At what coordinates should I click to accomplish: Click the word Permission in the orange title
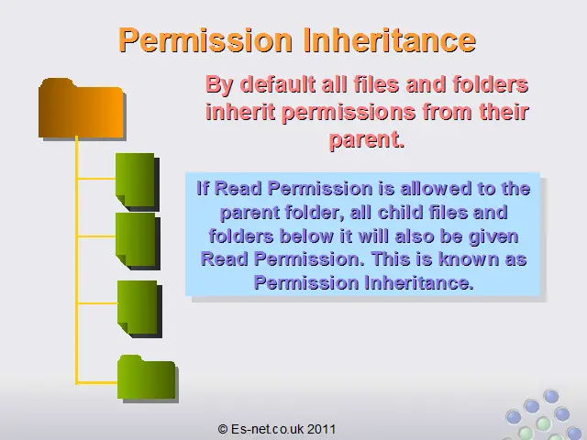tap(205, 41)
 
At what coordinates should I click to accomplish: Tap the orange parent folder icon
tap(83, 109)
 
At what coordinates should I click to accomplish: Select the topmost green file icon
tap(138, 182)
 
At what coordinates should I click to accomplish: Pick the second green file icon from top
tap(138, 241)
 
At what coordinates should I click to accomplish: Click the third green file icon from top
tap(139, 309)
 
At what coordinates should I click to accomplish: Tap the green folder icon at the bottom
tap(148, 379)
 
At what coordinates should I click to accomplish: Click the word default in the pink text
tap(277, 84)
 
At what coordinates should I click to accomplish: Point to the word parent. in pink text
tap(367, 140)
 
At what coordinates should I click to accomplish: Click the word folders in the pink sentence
tap(490, 84)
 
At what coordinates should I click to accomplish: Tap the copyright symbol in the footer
tap(222, 429)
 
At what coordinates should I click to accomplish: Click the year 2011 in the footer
tap(322, 429)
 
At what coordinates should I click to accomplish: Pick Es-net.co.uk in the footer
tap(267, 429)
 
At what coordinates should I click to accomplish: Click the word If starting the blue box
tap(203, 188)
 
